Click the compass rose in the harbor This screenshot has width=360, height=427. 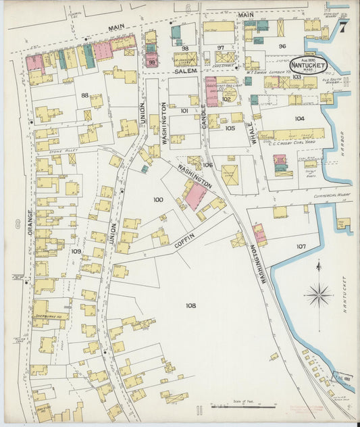tap(317, 294)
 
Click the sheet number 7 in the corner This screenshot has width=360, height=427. tap(343, 28)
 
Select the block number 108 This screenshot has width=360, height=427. tap(191, 305)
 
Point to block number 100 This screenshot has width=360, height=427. tap(158, 200)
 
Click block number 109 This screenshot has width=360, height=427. tap(76, 251)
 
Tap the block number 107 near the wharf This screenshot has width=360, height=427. tap(301, 246)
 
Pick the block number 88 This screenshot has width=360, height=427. tap(85, 95)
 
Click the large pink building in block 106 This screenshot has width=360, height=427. tap(196, 196)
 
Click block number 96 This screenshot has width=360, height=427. tap(282, 46)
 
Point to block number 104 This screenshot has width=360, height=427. tap(299, 118)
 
